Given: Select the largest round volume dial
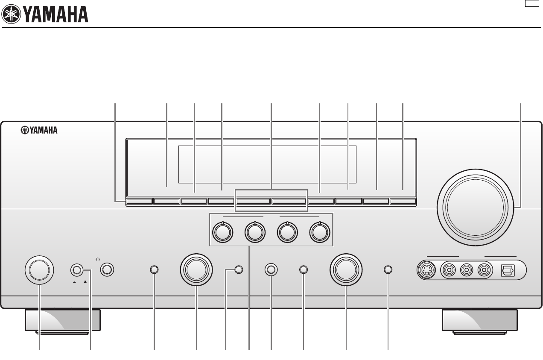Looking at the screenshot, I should click(x=474, y=208).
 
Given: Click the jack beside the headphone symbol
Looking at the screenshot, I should click(x=107, y=270).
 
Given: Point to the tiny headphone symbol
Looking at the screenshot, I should click(x=98, y=259).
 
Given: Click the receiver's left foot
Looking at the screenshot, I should click(x=63, y=321).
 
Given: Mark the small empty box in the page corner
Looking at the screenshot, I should click(x=531, y=4).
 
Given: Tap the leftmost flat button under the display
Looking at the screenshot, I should click(x=139, y=202).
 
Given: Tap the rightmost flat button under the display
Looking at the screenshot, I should click(x=403, y=202).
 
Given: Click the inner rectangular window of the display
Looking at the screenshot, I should click(x=267, y=164).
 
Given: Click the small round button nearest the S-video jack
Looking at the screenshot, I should click(x=388, y=270).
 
